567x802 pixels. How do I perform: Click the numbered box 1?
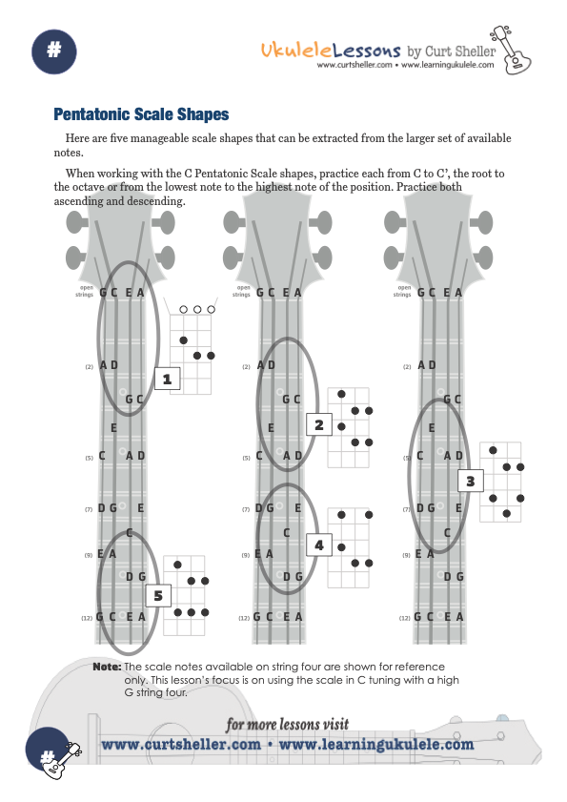167,379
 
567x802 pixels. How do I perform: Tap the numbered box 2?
319,424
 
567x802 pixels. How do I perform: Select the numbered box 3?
471,481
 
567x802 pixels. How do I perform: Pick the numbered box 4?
319,545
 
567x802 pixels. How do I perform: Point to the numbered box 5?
158,596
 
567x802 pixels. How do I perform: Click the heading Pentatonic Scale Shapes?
141,114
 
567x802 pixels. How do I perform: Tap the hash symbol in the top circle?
53,50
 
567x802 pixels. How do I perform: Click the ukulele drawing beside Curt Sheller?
511,50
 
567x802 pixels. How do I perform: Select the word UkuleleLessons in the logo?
331,50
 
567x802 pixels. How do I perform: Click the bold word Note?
107,667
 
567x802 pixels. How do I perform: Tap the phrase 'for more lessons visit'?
288,724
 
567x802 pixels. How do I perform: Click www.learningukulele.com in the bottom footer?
376,744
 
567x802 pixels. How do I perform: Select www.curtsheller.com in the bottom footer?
181,744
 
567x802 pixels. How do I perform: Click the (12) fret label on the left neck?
87,618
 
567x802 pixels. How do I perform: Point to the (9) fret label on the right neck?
407,555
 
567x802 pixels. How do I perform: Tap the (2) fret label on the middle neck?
247,367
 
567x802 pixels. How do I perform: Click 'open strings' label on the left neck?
86,291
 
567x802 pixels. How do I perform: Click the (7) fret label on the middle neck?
247,509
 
